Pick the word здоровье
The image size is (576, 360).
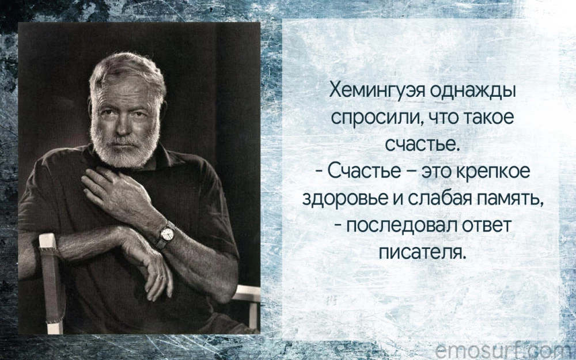click(342, 199)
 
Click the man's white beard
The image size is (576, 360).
click(123, 147)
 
